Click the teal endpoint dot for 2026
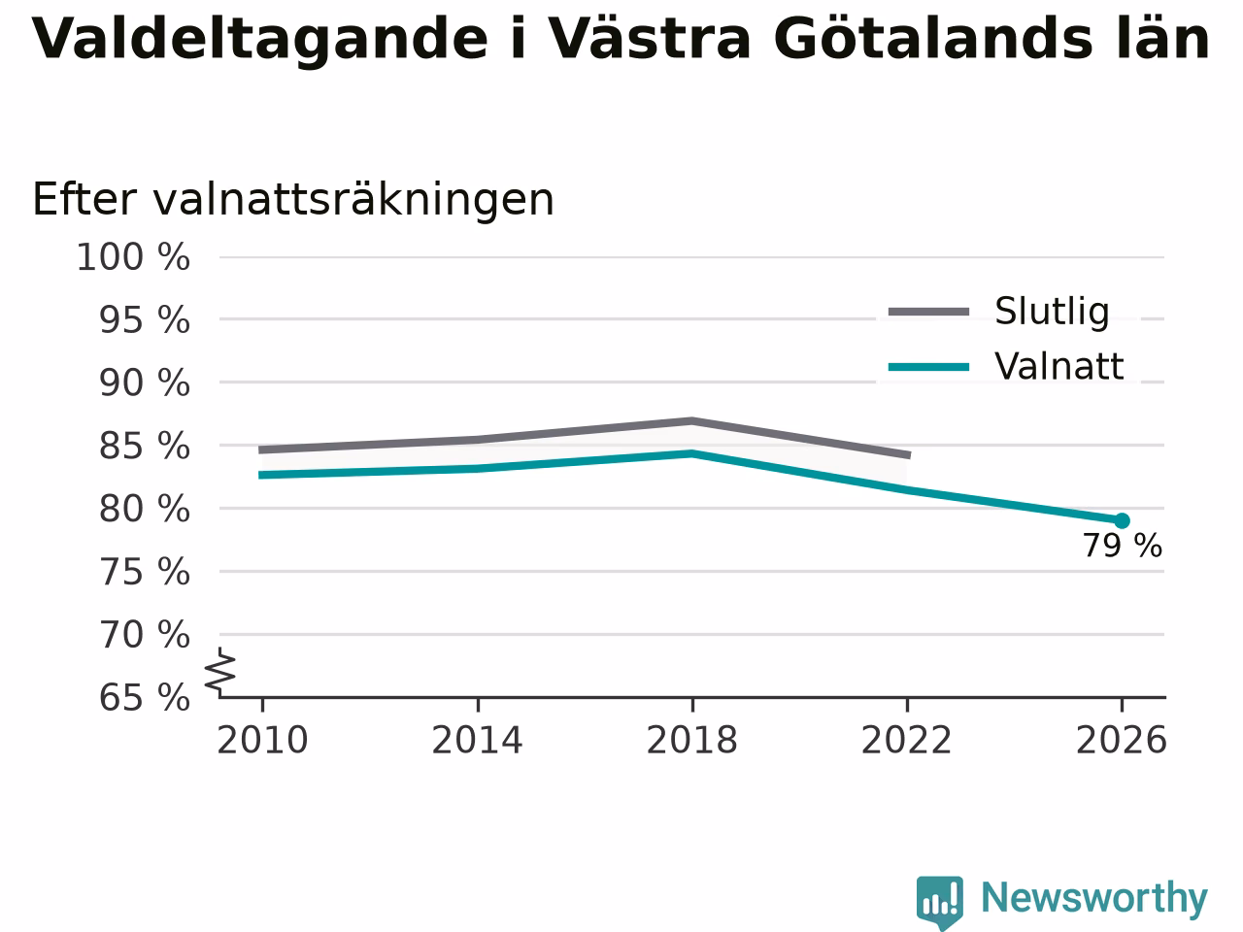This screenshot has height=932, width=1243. (x=1122, y=520)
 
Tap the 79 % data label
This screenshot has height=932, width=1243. (x=1122, y=546)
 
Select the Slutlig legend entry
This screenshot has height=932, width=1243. (x=998, y=312)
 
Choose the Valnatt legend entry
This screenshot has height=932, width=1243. (x=1006, y=367)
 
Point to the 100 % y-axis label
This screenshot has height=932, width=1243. (x=133, y=257)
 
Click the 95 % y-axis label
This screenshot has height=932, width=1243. (x=145, y=320)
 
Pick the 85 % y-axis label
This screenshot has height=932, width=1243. (x=145, y=447)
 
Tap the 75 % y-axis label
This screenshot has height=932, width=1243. (x=145, y=572)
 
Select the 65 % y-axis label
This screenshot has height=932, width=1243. (x=145, y=698)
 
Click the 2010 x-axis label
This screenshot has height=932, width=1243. (x=262, y=741)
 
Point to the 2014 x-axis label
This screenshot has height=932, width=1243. (x=477, y=741)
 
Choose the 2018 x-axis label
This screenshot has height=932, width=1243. (x=692, y=741)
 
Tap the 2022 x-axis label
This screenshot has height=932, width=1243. (x=907, y=741)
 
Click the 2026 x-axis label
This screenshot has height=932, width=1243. (x=1122, y=741)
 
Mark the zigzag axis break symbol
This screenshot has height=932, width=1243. (x=220, y=672)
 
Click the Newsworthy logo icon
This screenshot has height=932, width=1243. (x=939, y=903)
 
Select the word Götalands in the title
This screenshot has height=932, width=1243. (x=933, y=39)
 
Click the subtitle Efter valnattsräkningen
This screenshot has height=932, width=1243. (x=293, y=199)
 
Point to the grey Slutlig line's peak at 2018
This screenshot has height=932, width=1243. (x=692, y=421)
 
